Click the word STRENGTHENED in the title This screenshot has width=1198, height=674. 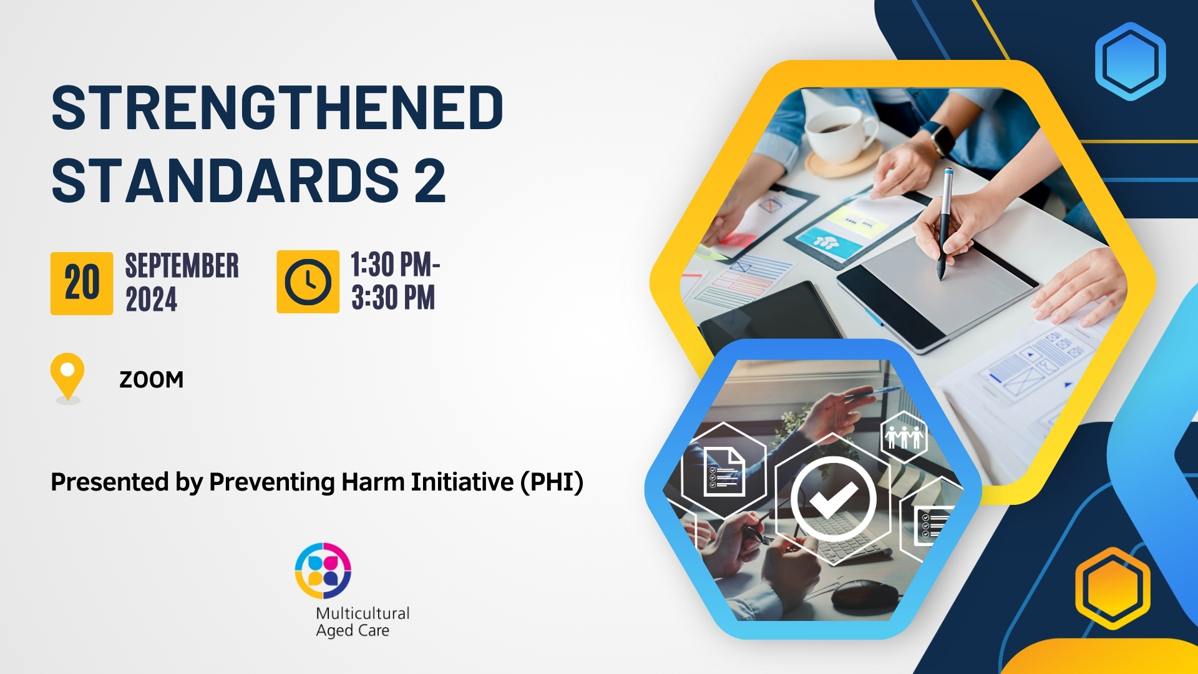pyautogui.click(x=277, y=108)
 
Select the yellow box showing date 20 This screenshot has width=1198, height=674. pyautogui.click(x=82, y=283)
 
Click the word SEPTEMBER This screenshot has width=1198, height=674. pyautogui.click(x=182, y=266)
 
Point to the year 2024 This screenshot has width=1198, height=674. pyautogui.click(x=152, y=300)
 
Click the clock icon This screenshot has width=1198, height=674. pyautogui.click(x=308, y=282)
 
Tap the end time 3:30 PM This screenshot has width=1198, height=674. pyautogui.click(x=393, y=298)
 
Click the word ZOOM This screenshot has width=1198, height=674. pyautogui.click(x=152, y=379)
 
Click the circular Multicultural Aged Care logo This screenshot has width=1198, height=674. pyautogui.click(x=323, y=571)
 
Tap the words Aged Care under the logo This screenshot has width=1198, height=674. pyautogui.click(x=353, y=631)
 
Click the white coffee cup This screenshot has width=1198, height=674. pyautogui.click(x=840, y=132)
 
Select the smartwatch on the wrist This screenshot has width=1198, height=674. pyautogui.click(x=937, y=137)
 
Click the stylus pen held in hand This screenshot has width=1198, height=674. pyautogui.click(x=945, y=223)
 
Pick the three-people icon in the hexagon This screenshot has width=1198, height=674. pyautogui.click(x=904, y=437)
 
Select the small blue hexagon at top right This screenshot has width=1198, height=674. pyautogui.click(x=1130, y=61)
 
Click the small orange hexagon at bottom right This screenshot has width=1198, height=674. pyautogui.click(x=1113, y=588)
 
